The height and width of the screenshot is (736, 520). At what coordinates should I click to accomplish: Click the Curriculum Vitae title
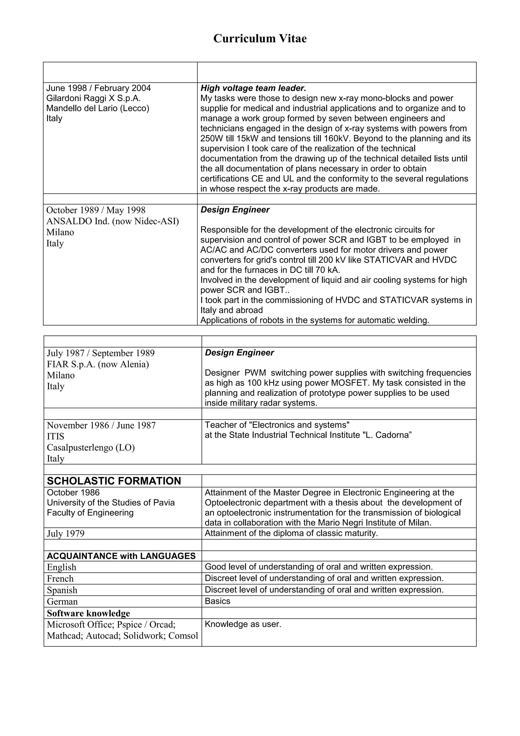click(260, 38)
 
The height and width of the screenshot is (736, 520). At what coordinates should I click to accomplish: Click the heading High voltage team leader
click(253, 88)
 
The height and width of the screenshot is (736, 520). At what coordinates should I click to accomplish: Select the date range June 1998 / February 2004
click(98, 88)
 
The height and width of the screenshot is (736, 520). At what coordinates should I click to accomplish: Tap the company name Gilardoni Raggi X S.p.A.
click(93, 98)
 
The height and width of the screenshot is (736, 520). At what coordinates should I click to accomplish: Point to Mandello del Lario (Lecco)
click(98, 108)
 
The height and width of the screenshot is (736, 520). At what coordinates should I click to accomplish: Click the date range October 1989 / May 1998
click(95, 210)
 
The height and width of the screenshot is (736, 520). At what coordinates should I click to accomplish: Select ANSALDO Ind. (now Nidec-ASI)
click(112, 221)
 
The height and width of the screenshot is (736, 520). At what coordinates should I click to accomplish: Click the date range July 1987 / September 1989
click(101, 353)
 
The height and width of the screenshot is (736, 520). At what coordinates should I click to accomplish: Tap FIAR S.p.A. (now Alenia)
click(98, 364)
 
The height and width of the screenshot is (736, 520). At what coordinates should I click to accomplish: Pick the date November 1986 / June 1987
click(101, 425)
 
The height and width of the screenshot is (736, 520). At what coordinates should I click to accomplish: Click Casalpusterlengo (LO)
click(91, 447)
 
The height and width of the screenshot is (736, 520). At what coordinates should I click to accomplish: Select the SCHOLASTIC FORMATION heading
click(114, 481)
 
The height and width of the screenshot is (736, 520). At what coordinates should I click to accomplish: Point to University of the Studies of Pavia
click(110, 502)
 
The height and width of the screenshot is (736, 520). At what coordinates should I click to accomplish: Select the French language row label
click(60, 579)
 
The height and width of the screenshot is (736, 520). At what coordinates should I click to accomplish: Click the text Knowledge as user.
click(242, 624)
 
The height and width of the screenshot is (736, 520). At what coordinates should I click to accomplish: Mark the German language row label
click(62, 602)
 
